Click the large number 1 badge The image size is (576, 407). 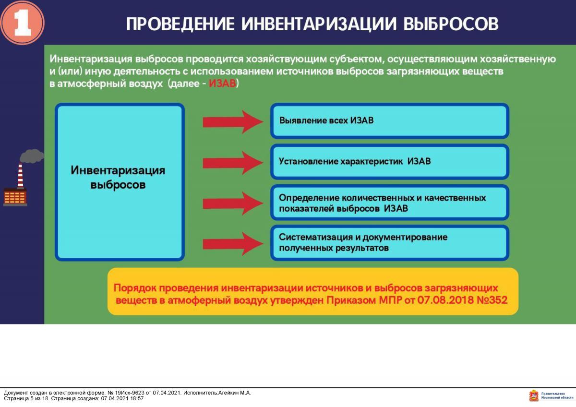click(22, 23)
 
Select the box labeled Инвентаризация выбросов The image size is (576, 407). click(120, 182)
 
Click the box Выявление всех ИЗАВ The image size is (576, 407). click(389, 121)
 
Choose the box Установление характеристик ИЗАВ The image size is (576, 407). click(389, 162)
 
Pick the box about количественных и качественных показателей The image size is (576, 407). click(389, 203)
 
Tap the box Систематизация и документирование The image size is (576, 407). click(389, 243)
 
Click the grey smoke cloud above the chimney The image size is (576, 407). click(31, 156)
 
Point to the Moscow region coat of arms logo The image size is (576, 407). click(533, 396)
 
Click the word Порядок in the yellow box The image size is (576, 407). click(134, 288)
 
